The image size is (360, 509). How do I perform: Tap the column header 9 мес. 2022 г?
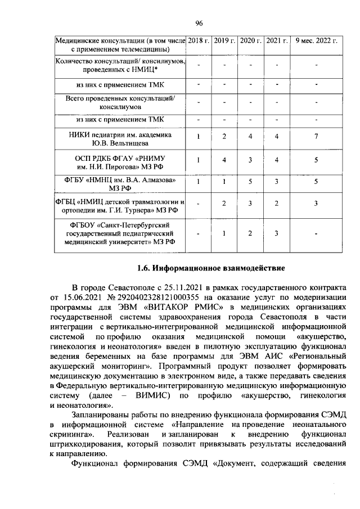coord(316,41)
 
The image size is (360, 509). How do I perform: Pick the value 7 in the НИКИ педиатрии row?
coord(316,137)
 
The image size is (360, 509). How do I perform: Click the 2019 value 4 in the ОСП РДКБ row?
coord(224,160)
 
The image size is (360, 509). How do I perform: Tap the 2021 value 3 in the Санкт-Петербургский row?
coord(277,233)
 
